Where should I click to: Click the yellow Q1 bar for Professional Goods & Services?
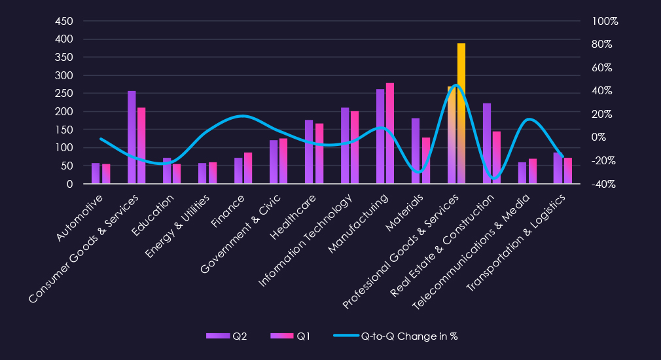coord(461,114)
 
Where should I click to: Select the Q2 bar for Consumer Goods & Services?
coord(132,137)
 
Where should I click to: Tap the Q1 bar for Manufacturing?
coord(390,134)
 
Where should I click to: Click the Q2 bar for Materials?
coord(416,151)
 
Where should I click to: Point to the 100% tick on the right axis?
coord(605,21)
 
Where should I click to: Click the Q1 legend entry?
coord(291,336)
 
